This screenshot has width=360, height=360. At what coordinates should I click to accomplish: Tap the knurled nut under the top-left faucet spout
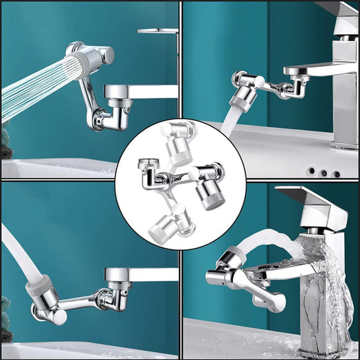(x=118, y=104)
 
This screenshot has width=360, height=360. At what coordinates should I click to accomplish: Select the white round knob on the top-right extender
(x=260, y=80)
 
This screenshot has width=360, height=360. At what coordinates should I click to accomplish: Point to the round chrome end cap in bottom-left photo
(x=57, y=318)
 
